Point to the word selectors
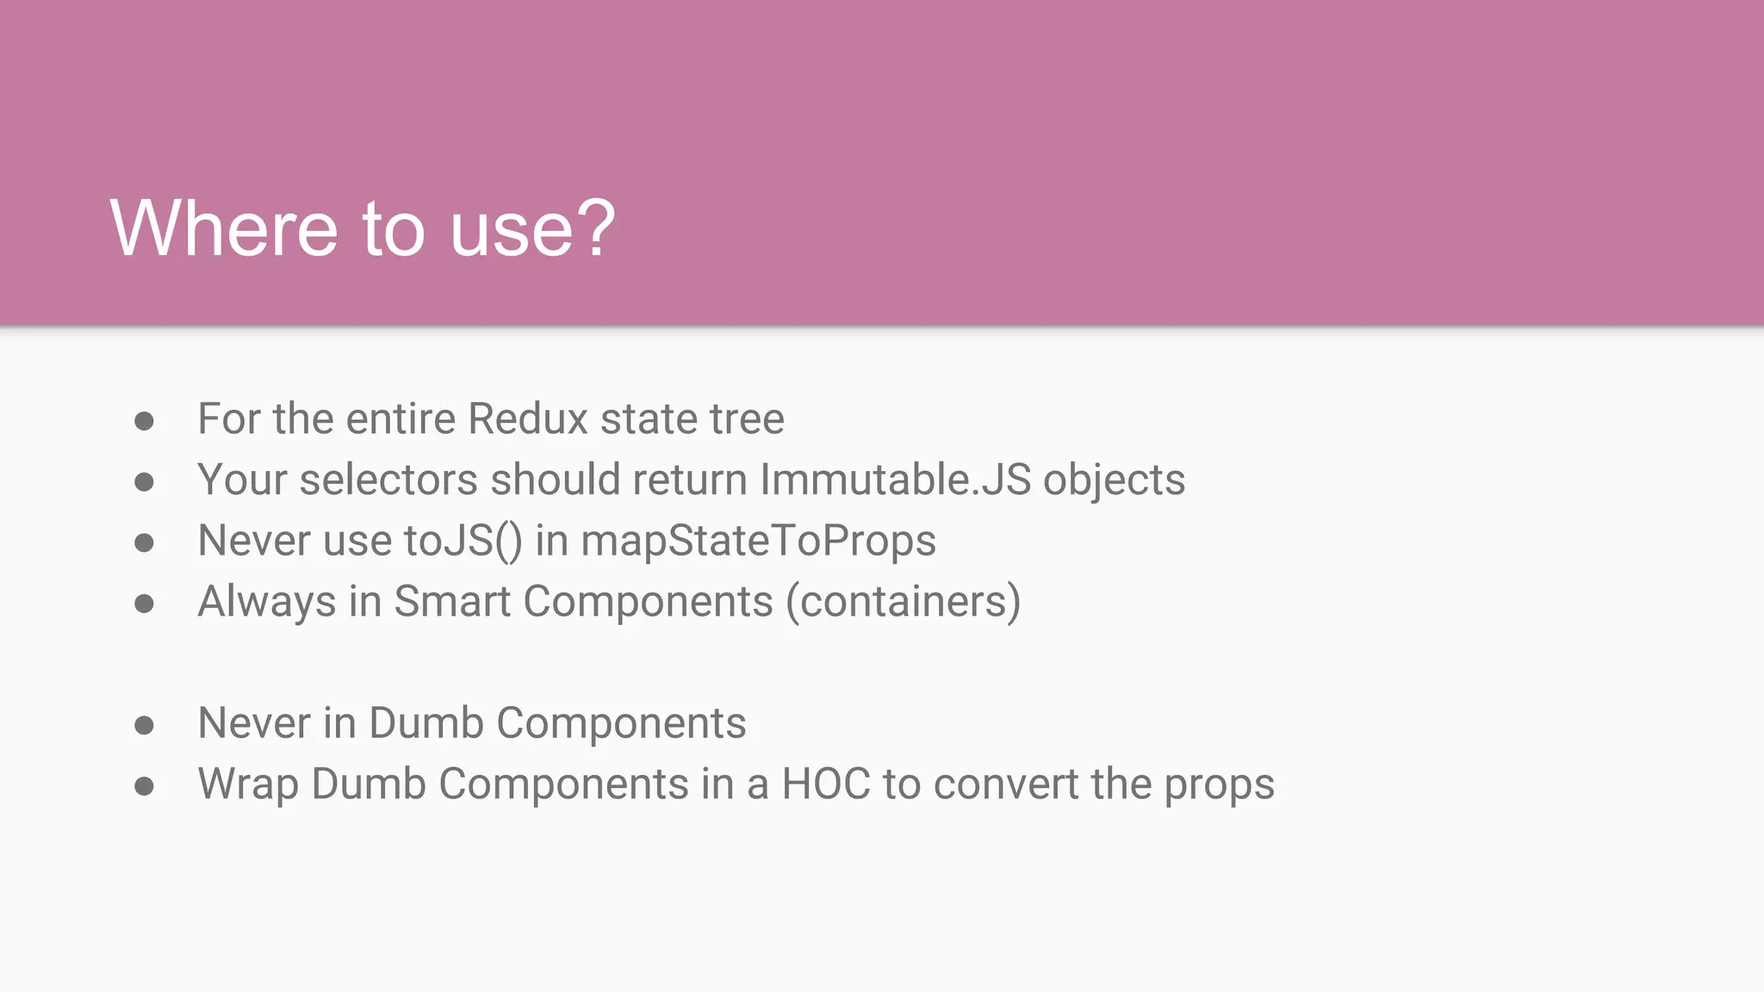[388, 480]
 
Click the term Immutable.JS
[895, 480]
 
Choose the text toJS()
[463, 542]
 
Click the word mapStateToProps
[758, 542]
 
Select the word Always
[267, 602]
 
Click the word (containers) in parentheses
[903, 601]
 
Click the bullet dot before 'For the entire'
[144, 421]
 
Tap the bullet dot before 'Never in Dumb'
[144, 725]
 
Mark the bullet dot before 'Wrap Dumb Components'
[144, 786]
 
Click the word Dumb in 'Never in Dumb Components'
[425, 723]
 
